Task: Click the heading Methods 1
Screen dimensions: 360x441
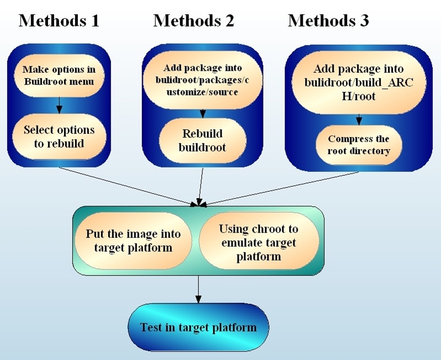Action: click(x=59, y=21)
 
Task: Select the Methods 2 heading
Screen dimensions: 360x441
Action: click(x=193, y=21)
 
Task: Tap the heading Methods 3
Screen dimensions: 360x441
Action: click(x=328, y=21)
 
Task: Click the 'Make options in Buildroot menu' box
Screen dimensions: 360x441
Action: click(x=59, y=76)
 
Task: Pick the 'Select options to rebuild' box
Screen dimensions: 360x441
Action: click(x=59, y=136)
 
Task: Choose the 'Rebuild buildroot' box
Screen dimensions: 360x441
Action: click(x=202, y=140)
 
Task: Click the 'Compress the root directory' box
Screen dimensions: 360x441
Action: click(x=359, y=145)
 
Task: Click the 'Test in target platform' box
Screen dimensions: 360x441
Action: click(x=198, y=327)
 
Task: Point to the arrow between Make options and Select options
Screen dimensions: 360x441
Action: click(x=59, y=104)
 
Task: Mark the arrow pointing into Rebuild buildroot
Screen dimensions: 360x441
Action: click(x=202, y=110)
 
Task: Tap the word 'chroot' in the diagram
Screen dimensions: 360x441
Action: click(x=269, y=229)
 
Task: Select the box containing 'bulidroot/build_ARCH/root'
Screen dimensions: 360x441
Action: click(x=359, y=83)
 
